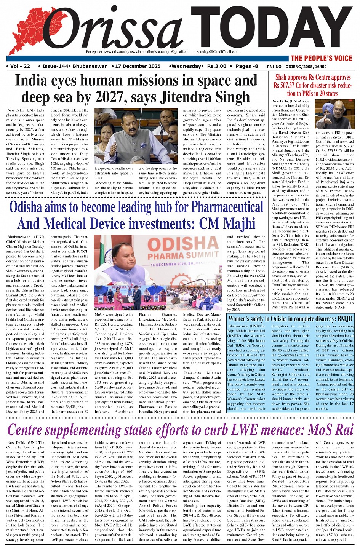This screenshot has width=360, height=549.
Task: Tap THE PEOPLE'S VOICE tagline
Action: [x=321, y=58]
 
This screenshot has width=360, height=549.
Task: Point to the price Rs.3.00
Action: [x=216, y=66]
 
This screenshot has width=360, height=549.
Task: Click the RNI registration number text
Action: [x=316, y=67]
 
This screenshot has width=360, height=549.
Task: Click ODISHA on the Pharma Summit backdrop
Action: [x=177, y=244]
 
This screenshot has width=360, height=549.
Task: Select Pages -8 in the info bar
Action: [x=247, y=66]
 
